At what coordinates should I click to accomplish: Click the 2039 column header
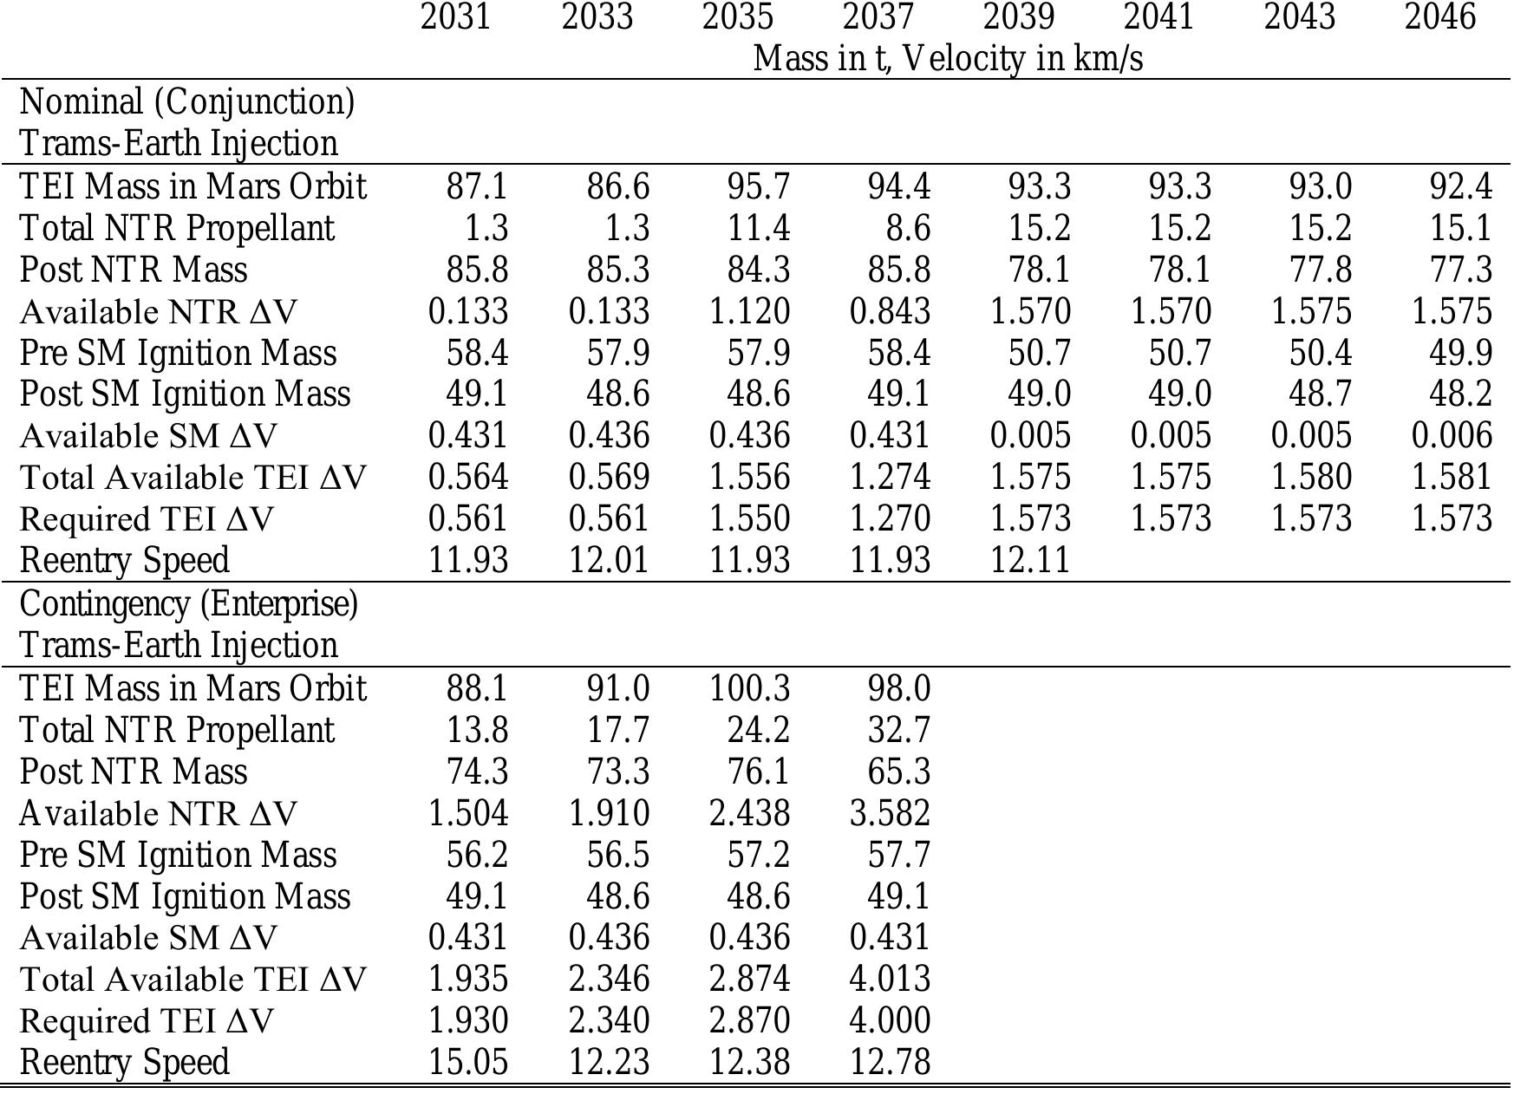click(1018, 17)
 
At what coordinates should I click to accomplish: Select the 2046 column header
click(1439, 17)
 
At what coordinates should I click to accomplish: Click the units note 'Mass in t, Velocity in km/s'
click(948, 59)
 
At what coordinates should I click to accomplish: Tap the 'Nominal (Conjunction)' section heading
click(187, 102)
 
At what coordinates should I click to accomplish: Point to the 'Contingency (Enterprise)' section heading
click(188, 604)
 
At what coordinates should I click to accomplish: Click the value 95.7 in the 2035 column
click(758, 186)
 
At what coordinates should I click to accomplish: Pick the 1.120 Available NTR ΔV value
click(749, 311)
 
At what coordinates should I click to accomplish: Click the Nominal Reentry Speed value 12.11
click(1030, 561)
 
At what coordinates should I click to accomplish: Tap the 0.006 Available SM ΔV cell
click(1452, 435)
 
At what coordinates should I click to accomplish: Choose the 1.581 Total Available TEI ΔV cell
click(1452, 477)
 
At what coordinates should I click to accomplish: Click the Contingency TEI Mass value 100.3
click(749, 688)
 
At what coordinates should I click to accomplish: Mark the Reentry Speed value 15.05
click(468, 1063)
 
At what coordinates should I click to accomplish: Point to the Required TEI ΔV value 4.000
click(890, 1021)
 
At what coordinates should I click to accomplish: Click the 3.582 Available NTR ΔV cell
click(890, 813)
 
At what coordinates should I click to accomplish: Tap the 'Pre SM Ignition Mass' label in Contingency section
click(178, 855)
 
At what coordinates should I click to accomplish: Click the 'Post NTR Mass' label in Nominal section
click(134, 270)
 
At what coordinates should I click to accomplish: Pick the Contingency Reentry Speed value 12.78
click(890, 1063)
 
